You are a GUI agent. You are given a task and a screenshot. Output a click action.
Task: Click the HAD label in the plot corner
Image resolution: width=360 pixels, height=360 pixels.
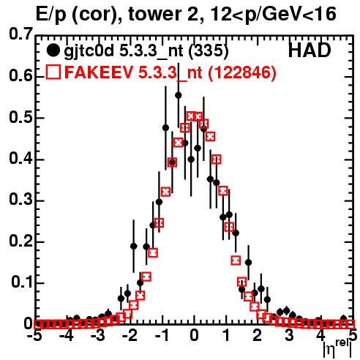(x=310, y=50)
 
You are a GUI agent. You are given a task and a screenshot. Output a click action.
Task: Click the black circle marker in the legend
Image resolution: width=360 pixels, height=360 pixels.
(x=53, y=50)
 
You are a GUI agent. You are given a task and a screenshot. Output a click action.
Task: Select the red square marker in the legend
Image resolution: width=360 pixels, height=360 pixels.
(x=53, y=72)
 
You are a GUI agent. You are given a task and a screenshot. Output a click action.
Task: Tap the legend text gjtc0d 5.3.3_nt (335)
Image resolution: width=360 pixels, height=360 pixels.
(x=146, y=52)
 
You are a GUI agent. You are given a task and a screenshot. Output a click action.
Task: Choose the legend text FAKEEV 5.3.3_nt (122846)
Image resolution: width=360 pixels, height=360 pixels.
(x=170, y=72)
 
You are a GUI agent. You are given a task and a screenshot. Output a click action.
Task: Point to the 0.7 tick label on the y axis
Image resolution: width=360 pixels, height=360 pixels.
(x=20, y=34)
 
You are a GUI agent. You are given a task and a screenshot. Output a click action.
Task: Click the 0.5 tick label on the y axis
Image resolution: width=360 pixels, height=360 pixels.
(x=20, y=118)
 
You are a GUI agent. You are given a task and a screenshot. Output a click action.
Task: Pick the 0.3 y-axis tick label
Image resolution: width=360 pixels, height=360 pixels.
(x=20, y=200)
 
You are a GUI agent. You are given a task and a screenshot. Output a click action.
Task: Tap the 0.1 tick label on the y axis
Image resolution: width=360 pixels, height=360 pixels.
(x=21, y=282)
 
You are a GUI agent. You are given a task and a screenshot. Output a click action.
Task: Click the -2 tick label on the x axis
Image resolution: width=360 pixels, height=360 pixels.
(x=130, y=336)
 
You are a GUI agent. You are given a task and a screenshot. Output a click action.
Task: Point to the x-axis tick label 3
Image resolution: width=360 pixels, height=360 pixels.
(x=289, y=336)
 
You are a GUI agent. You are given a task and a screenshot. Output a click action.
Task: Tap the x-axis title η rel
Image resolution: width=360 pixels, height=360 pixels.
(x=337, y=348)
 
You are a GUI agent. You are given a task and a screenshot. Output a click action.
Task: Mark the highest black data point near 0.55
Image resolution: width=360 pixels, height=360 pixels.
(x=179, y=95)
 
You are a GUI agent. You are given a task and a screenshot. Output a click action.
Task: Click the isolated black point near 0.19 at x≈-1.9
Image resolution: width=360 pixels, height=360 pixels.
(x=133, y=246)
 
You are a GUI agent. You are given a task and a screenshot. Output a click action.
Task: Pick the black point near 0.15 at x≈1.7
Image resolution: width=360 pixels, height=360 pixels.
(x=248, y=263)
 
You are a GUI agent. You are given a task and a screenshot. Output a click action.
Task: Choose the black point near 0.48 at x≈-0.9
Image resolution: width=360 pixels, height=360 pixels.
(x=165, y=127)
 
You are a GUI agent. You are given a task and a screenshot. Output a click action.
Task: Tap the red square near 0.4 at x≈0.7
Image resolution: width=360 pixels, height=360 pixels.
(x=217, y=160)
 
